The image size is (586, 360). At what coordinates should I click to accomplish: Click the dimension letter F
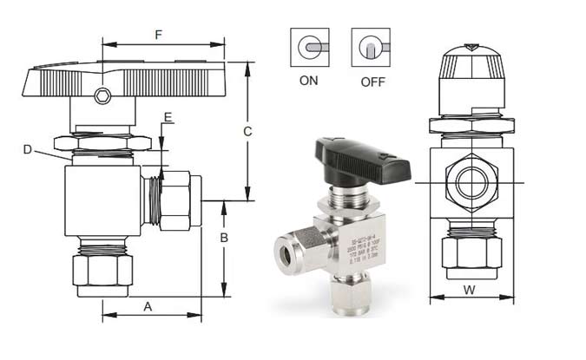(x=157, y=36)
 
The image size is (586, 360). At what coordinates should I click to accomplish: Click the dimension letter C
(x=247, y=132)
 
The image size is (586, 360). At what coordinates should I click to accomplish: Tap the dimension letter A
(x=148, y=306)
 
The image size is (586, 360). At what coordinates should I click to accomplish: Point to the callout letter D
(x=28, y=150)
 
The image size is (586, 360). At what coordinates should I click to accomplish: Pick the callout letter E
(x=168, y=116)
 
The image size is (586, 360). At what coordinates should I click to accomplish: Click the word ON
(x=307, y=82)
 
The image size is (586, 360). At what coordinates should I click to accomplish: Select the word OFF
(x=371, y=82)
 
